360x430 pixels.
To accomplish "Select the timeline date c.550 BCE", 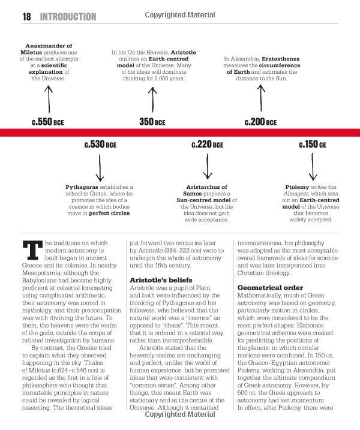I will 48,122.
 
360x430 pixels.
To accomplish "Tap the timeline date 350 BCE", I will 152,122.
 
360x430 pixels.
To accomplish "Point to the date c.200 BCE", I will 260,122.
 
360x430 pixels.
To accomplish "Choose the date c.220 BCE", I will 208,145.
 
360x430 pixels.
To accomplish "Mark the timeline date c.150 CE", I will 312,145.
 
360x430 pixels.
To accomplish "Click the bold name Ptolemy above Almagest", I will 298,187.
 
